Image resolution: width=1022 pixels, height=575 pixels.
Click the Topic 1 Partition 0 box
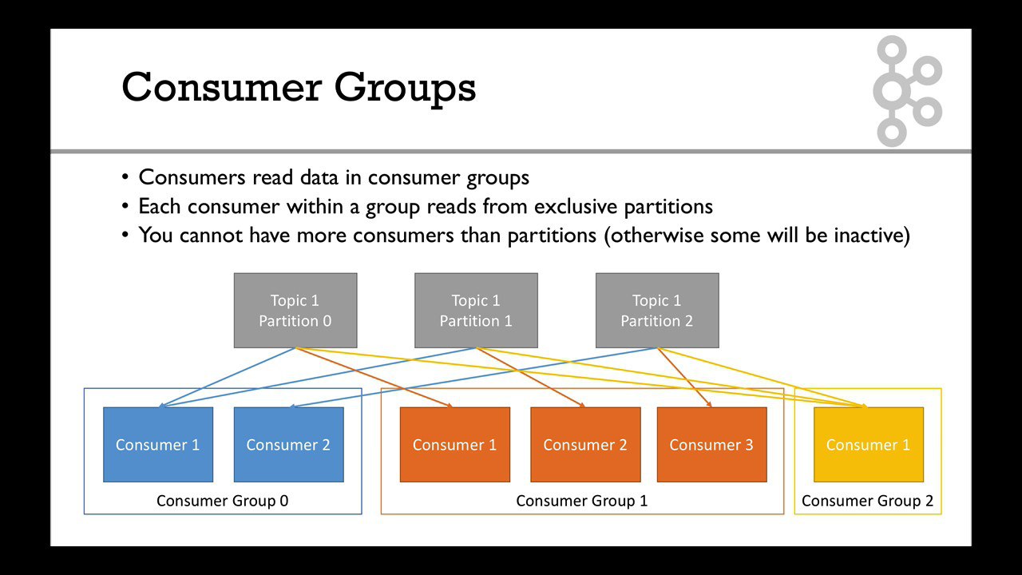[x=295, y=311]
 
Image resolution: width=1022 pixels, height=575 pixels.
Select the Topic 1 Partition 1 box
[x=476, y=311]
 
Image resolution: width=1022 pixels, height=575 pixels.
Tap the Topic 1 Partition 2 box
[x=657, y=311]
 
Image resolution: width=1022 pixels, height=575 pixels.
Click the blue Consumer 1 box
[x=158, y=445]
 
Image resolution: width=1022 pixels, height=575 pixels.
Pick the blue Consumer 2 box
[x=288, y=445]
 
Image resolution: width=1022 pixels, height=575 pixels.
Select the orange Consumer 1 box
[x=455, y=445]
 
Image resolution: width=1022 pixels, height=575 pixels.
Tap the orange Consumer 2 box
[x=585, y=445]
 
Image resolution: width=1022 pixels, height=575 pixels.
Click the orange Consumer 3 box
[x=711, y=445]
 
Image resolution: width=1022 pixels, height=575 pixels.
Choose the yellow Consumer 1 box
[x=869, y=445]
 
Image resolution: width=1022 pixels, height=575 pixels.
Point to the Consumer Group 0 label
[x=222, y=501]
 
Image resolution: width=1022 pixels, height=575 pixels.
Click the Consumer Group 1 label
[x=582, y=501]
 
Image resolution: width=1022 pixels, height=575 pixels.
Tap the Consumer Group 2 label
[x=867, y=501]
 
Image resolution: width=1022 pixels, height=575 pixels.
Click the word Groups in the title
[x=405, y=89]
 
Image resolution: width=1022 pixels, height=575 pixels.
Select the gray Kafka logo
[x=908, y=91]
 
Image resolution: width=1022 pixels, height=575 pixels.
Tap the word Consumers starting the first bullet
[x=192, y=177]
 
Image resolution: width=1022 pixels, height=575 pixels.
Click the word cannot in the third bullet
[x=211, y=236]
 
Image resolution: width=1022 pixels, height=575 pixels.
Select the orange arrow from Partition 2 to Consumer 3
[x=684, y=378]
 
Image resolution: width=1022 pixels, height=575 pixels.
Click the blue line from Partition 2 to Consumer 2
[x=473, y=378]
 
